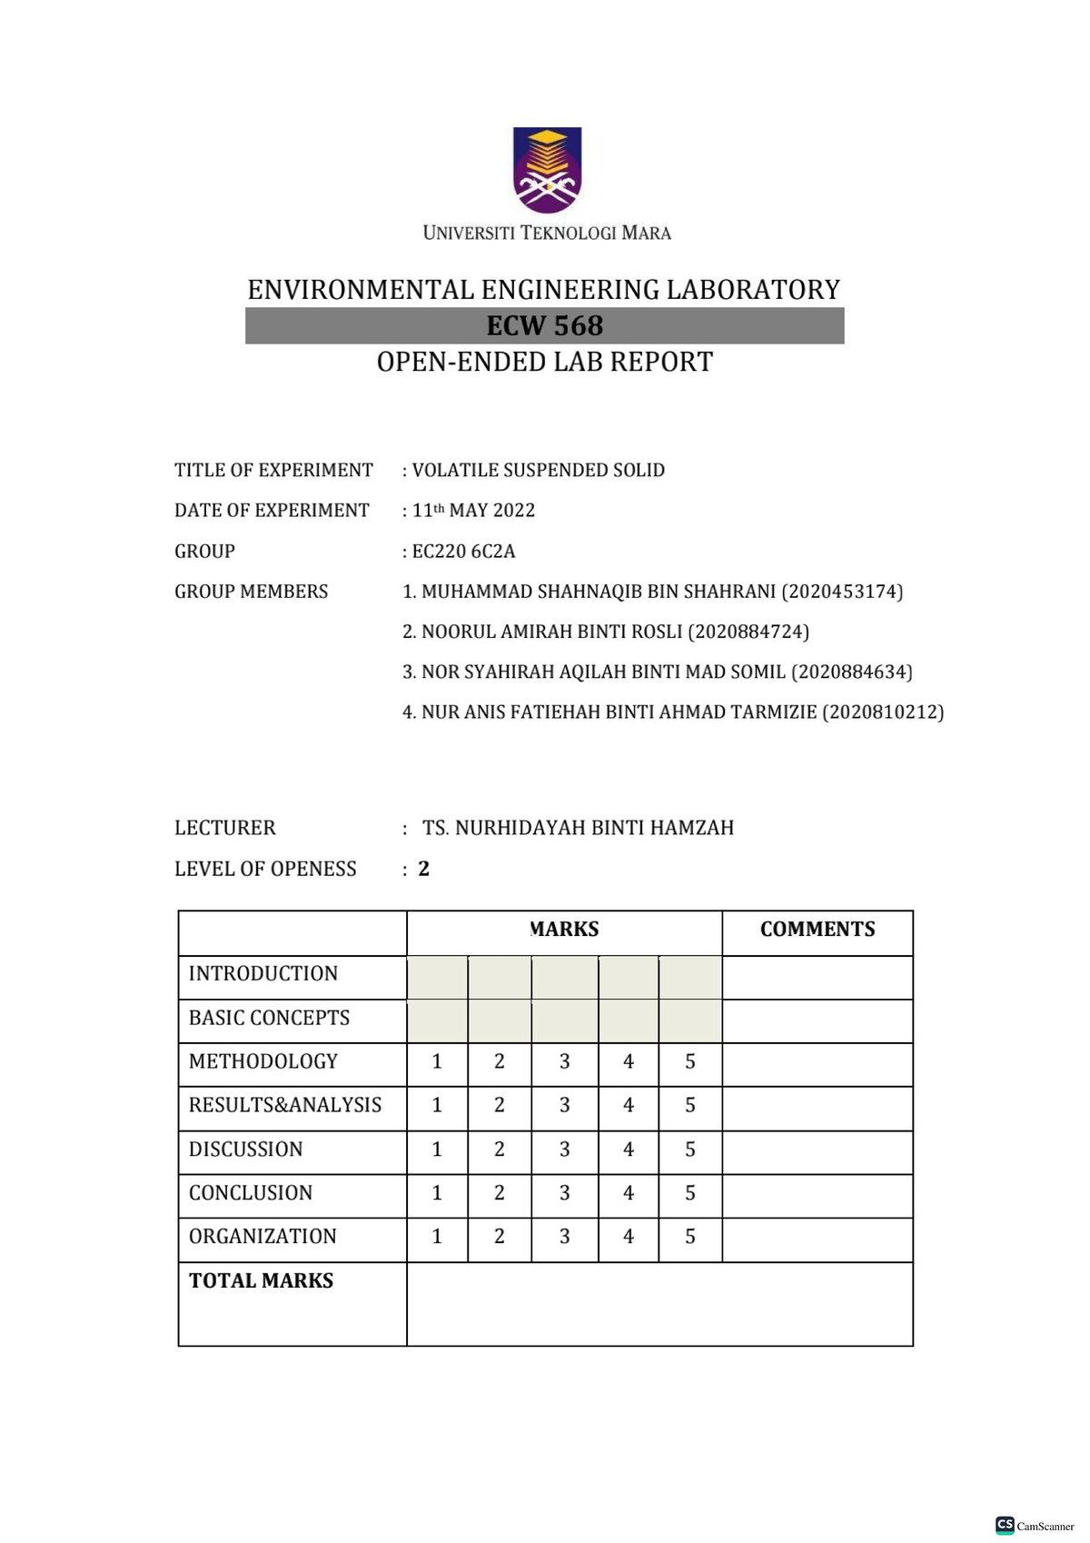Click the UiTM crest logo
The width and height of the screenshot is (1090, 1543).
[547, 170]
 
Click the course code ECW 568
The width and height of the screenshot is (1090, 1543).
[545, 326]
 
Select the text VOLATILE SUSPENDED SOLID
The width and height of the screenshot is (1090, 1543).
[539, 471]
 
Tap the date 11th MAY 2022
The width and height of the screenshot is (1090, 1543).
[474, 511]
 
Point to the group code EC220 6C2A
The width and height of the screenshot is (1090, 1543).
[463, 552]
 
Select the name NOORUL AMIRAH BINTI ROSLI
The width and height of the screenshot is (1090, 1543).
[551, 632]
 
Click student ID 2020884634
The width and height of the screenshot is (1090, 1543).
[851, 672]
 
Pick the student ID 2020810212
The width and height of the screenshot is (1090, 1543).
[883, 712]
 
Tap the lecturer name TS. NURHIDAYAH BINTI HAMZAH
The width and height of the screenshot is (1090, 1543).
[578, 828]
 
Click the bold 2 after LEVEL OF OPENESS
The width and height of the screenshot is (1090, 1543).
[424, 869]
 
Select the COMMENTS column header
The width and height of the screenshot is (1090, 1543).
[817, 930]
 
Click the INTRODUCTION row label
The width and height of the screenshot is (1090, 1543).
[263, 974]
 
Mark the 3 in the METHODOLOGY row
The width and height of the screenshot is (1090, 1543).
[565, 1061]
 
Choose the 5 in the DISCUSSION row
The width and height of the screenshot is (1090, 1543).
[690, 1150]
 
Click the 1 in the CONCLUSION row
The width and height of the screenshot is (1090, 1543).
[437, 1193]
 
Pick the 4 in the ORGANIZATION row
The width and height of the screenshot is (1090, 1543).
[629, 1237]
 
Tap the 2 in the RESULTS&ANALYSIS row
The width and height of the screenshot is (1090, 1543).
[500, 1105]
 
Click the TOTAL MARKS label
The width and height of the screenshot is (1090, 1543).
[262, 1281]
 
